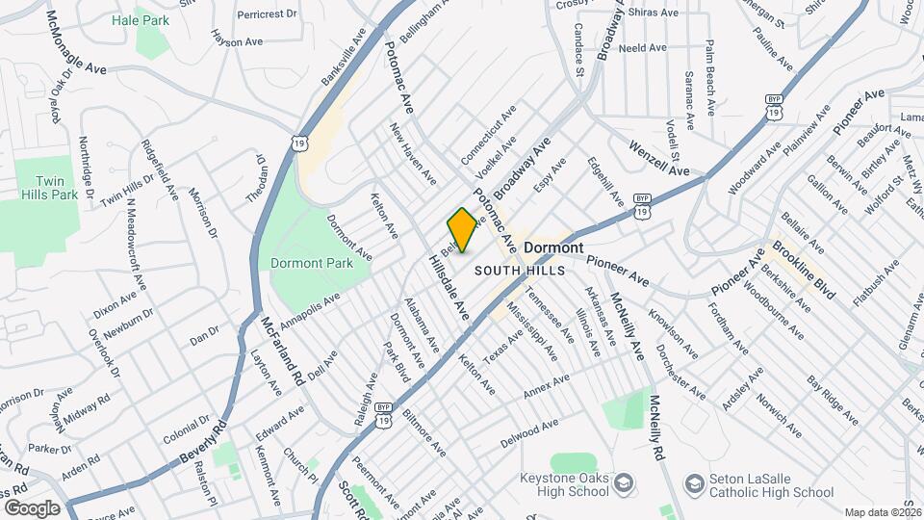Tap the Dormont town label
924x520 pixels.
554,247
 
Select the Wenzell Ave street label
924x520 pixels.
659,158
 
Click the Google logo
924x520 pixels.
31,508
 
